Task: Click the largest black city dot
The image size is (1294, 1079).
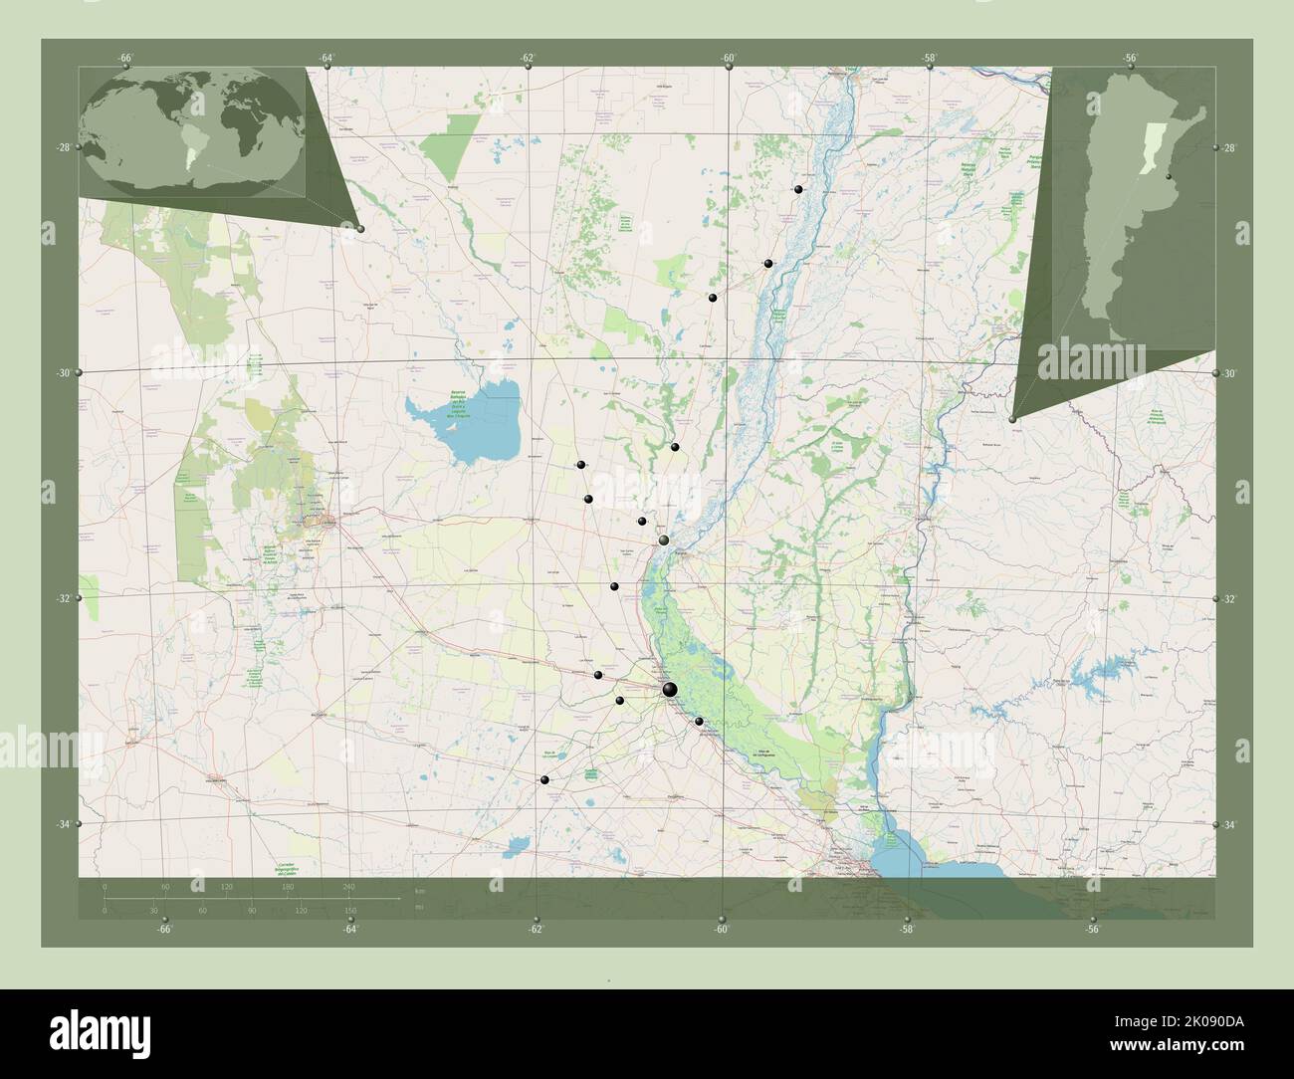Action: [x=669, y=689]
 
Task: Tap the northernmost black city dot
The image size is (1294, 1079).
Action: [x=798, y=189]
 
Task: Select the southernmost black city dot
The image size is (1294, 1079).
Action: [x=544, y=779]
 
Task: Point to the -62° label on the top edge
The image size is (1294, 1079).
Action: [x=528, y=58]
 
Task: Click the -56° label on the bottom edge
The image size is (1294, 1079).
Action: [x=1092, y=929]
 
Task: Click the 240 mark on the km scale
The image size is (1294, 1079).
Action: [x=348, y=886]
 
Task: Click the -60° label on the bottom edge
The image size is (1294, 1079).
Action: [x=721, y=929]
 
